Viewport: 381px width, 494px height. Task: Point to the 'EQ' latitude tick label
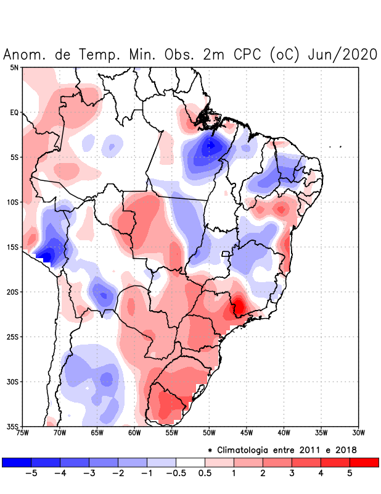(x=14, y=113)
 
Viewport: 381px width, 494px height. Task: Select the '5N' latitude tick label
(x=14, y=68)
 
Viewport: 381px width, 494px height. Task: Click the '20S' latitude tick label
(x=12, y=292)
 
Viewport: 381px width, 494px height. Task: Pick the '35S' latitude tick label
(x=12, y=427)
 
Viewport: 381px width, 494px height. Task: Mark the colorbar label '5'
(x=350, y=474)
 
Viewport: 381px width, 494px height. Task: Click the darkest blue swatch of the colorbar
(x=17, y=462)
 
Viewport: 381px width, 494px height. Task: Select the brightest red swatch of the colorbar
(x=364, y=462)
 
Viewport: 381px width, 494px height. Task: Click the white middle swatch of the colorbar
(x=190, y=462)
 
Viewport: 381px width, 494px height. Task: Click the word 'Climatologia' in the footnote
(x=247, y=450)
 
